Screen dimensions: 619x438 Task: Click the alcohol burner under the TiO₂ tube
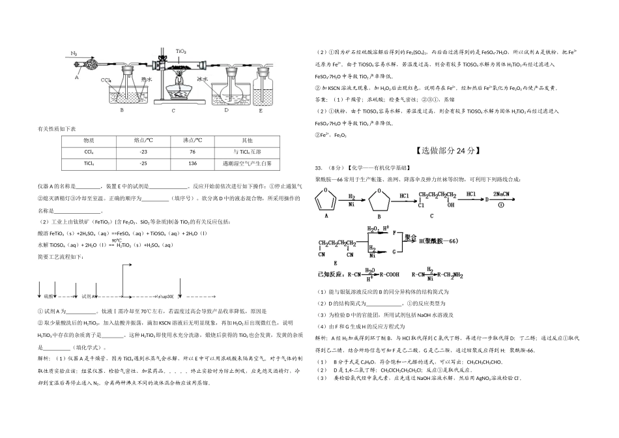[179, 89]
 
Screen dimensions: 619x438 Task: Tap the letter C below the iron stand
[173, 110]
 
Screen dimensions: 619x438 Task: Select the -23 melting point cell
[143, 151]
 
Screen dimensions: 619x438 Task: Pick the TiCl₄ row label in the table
[89, 163]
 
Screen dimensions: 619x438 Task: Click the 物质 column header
[89, 139]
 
